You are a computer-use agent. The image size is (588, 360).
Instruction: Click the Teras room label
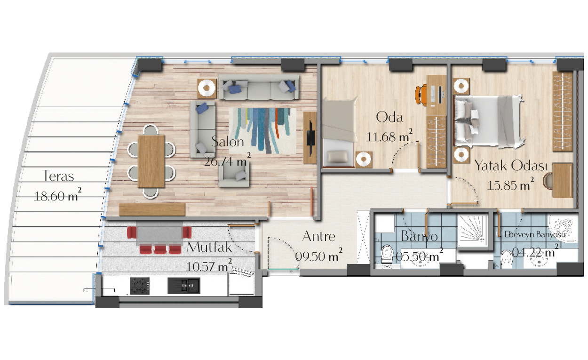[58, 176]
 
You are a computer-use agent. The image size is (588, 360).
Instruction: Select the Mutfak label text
[209, 247]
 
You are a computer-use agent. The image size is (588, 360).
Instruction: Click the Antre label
[318, 236]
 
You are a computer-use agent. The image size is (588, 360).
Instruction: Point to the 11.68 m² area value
[389, 136]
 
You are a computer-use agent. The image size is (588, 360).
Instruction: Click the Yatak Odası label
[511, 166]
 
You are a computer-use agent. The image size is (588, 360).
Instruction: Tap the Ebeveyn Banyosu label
[535, 234]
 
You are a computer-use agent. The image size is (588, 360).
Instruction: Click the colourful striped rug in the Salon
[262, 130]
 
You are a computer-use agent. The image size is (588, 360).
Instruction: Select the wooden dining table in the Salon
[151, 161]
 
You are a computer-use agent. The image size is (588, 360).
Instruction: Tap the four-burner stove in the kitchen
[140, 286]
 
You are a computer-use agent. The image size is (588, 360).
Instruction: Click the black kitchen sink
[184, 286]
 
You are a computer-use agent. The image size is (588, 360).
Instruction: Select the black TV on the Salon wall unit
[310, 137]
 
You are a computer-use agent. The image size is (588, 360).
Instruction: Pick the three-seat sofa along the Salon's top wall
[259, 87]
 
